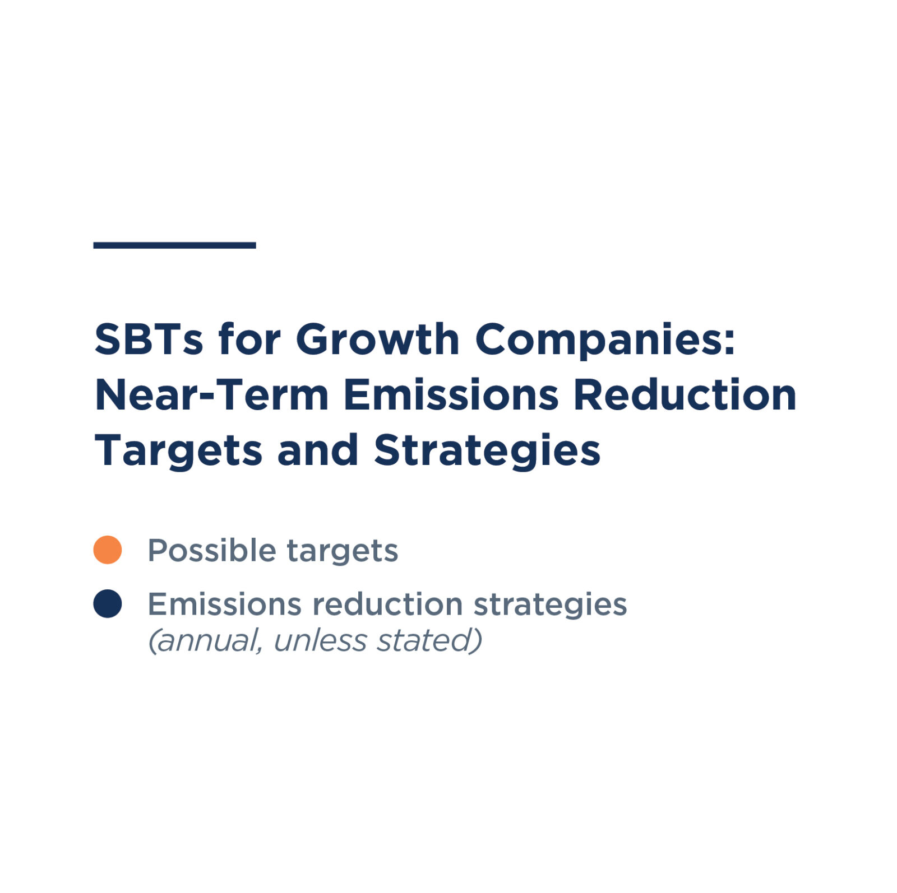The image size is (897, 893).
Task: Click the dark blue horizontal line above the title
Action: click(174, 245)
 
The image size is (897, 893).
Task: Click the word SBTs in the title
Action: click(149, 339)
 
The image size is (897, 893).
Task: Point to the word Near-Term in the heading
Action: click(212, 396)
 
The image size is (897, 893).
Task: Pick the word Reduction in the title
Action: click(685, 396)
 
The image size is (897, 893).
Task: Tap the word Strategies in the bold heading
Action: click(487, 451)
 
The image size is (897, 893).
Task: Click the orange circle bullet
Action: click(108, 550)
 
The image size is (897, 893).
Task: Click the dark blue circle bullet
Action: click(108, 604)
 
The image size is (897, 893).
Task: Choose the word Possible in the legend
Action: click(211, 550)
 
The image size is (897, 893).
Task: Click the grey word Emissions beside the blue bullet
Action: click(224, 604)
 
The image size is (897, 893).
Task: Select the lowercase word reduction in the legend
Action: click(387, 604)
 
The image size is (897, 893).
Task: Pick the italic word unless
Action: click(320, 640)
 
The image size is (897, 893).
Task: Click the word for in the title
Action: click(249, 339)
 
